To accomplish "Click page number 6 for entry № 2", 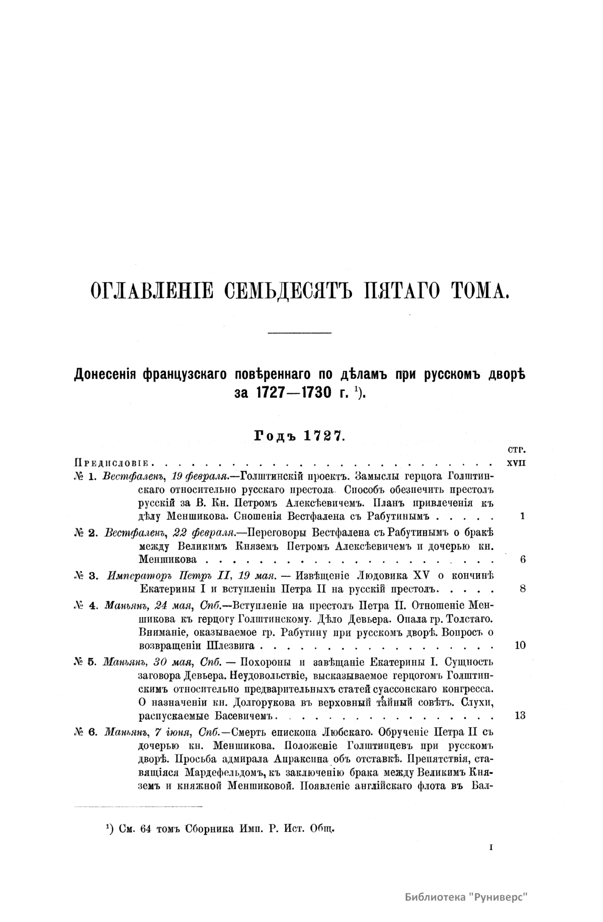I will [523, 559].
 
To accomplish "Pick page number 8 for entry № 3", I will [523, 588].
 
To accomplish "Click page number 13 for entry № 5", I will [521, 715].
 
